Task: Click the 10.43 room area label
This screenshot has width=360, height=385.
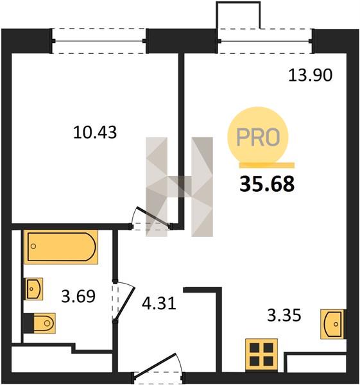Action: click(95, 132)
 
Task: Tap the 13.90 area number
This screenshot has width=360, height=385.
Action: click(311, 75)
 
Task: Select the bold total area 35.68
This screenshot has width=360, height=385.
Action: click(267, 184)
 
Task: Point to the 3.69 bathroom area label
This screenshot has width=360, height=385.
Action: click(78, 296)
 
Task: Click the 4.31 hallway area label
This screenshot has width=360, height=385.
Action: click(159, 304)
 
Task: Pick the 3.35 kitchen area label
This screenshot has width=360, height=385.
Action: click(284, 315)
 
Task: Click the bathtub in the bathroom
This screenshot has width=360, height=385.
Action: click(61, 247)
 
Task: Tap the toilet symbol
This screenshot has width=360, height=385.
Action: click(40, 323)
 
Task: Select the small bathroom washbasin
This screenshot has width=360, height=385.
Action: click(34, 289)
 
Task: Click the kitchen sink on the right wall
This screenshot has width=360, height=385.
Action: click(333, 324)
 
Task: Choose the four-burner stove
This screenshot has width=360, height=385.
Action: click(262, 355)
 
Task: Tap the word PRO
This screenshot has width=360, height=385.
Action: click(258, 137)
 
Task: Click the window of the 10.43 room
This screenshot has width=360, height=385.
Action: click(99, 41)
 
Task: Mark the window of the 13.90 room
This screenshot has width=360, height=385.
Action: click(265, 41)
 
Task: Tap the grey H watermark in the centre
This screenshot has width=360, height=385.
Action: click(179, 187)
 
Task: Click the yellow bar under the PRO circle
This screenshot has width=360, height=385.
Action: click(267, 166)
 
